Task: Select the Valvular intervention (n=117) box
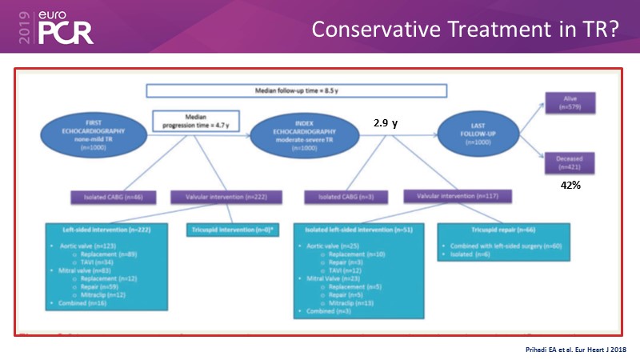[459, 196]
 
